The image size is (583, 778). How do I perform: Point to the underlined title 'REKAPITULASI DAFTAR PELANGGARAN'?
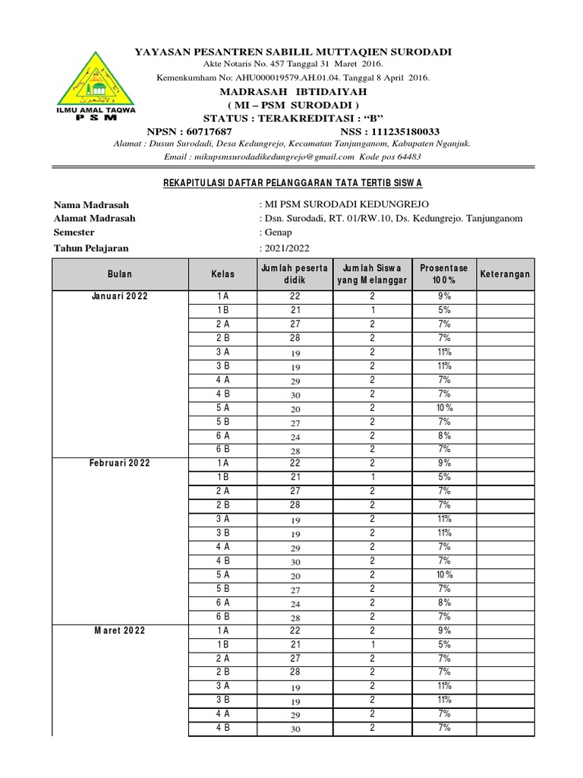pyautogui.click(x=293, y=184)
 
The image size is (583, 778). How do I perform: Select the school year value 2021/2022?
pyautogui.click(x=286, y=248)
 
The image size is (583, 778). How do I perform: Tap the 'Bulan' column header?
pyautogui.click(x=120, y=274)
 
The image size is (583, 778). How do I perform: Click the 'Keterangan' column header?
pyautogui.click(x=505, y=274)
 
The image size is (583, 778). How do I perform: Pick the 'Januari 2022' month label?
pyautogui.click(x=120, y=296)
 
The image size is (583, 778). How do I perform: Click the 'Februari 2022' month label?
pyautogui.click(x=120, y=463)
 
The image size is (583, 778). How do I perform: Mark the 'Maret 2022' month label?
pyautogui.click(x=120, y=631)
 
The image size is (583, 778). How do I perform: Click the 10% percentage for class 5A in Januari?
pyautogui.click(x=444, y=408)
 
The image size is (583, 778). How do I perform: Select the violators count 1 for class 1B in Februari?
pyautogui.click(x=373, y=477)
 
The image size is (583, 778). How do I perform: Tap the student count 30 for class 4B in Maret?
pyautogui.click(x=295, y=729)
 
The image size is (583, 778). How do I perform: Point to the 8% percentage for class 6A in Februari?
pyautogui.click(x=444, y=602)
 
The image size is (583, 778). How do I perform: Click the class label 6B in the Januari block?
pyautogui.click(x=223, y=450)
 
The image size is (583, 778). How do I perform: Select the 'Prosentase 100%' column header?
pyautogui.click(x=444, y=274)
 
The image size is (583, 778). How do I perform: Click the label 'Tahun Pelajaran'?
pyautogui.click(x=91, y=248)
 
